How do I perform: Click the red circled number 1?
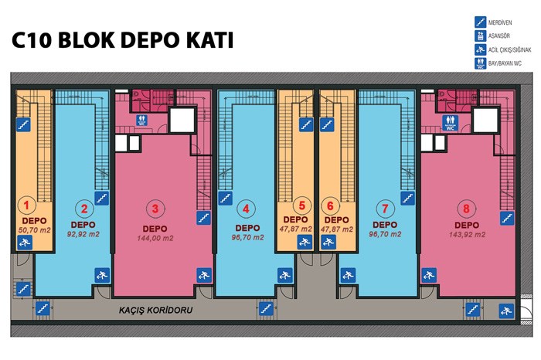(27, 205)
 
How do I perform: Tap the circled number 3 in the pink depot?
(155, 207)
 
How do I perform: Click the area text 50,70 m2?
(33, 229)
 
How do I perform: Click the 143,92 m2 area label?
(468, 233)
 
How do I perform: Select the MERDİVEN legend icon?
(480, 24)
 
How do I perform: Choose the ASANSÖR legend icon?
(480, 37)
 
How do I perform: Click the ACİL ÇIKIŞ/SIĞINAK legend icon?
(480, 50)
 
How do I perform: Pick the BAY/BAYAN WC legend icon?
(480, 64)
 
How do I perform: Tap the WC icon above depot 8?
(451, 121)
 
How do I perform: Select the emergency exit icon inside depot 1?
(25, 243)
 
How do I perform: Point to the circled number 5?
(303, 206)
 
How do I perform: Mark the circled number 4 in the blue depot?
(247, 207)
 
